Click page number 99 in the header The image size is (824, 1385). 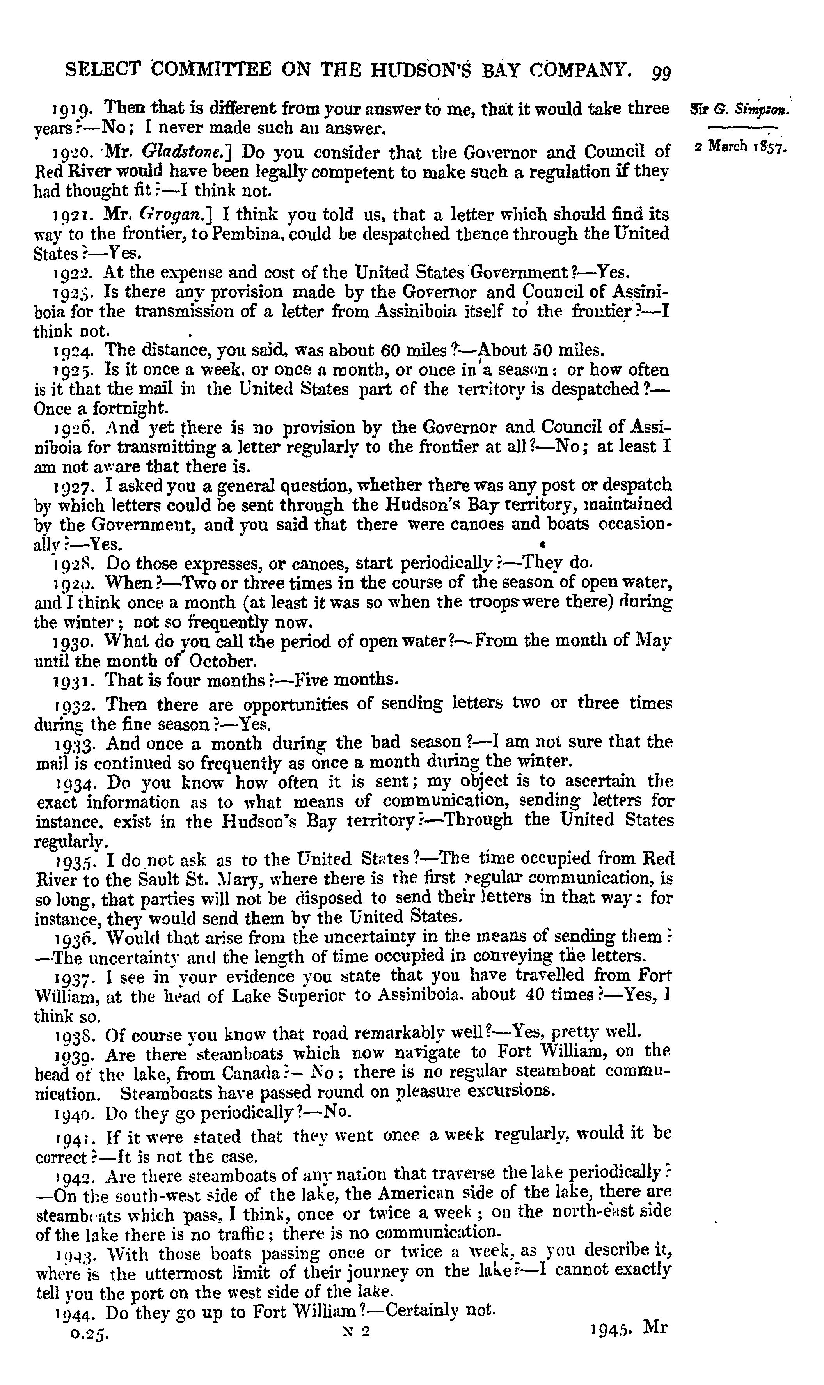[661, 72]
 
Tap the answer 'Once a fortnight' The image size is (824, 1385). [100, 409]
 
